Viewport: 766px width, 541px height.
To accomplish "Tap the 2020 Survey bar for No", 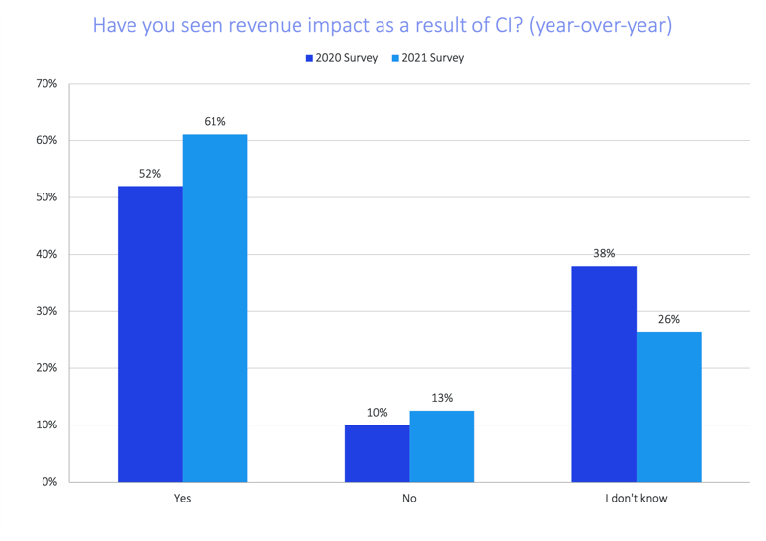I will click(x=377, y=453).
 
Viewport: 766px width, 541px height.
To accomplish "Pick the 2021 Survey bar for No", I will click(x=442, y=446).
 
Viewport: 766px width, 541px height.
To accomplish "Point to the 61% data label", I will click(x=215, y=122).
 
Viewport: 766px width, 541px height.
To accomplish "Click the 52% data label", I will click(x=150, y=174).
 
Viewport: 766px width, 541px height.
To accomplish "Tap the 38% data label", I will click(x=604, y=254).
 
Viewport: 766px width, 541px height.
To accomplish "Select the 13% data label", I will click(x=442, y=398).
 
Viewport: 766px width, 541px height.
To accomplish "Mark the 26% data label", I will click(x=669, y=319).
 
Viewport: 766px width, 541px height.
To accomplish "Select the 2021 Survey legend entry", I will click(x=426, y=58).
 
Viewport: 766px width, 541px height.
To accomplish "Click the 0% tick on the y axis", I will click(x=48, y=482).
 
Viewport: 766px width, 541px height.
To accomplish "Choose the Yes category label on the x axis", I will click(x=182, y=499).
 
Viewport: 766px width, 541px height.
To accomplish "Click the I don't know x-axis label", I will click(x=637, y=499).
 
